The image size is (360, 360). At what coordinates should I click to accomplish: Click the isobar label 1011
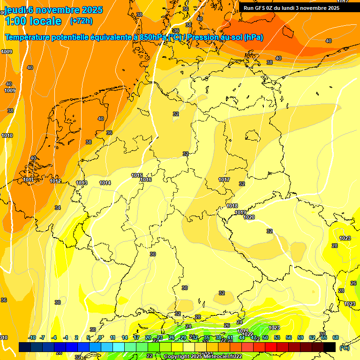point(28,180)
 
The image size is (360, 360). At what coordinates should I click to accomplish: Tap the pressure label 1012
point(55,181)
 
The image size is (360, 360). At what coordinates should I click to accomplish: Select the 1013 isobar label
point(82,183)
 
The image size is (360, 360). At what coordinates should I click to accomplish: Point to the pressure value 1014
point(105,183)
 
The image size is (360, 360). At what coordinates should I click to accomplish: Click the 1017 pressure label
point(224,180)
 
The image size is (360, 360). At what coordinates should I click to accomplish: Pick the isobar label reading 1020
point(249,217)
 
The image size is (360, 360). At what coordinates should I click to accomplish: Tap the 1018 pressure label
point(232,206)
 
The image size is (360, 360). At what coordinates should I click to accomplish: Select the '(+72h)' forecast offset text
point(81,21)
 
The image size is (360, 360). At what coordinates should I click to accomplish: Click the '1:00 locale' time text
point(33,21)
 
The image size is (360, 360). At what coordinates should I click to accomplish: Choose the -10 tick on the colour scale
point(32,337)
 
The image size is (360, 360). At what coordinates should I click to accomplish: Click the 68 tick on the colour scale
point(336,337)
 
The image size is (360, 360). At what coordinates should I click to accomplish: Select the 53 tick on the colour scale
point(277,337)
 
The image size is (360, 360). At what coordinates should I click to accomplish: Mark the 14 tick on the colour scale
point(125,337)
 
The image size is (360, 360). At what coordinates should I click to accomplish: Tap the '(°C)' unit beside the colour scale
point(344,348)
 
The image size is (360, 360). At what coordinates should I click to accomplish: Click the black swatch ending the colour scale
point(330,347)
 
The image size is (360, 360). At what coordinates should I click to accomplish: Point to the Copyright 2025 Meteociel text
point(203,356)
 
